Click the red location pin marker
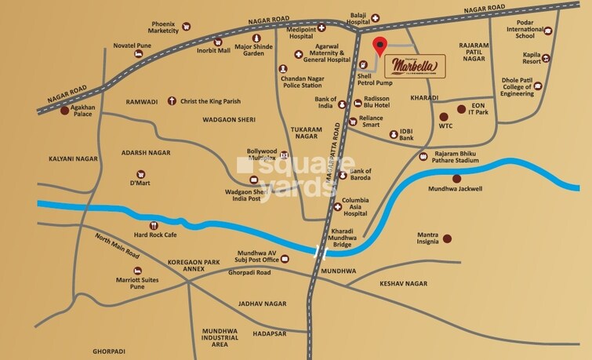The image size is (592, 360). pos(380,45)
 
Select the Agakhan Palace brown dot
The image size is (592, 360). pos(64,110)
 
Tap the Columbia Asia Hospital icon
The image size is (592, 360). pos(337,208)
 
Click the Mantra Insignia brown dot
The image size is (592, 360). pos(447,238)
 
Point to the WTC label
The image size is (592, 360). pos(445,125)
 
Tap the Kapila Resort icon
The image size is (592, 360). pos(547,58)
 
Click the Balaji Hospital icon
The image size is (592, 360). pos(376,17)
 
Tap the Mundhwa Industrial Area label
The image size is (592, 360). pos(220,337)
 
